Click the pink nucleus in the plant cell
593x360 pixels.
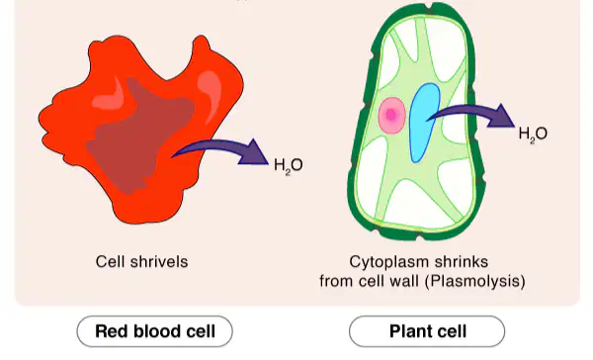(391, 115)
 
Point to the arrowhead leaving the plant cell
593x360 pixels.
(502, 116)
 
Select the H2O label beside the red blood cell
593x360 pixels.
(289, 166)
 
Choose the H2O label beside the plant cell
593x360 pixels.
(533, 134)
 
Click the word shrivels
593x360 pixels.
(159, 261)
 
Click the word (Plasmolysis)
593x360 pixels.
(477, 281)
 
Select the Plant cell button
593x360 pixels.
(427, 331)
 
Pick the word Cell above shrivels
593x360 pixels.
(111, 261)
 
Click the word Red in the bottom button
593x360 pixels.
(112, 331)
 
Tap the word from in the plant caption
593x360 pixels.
(336, 281)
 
